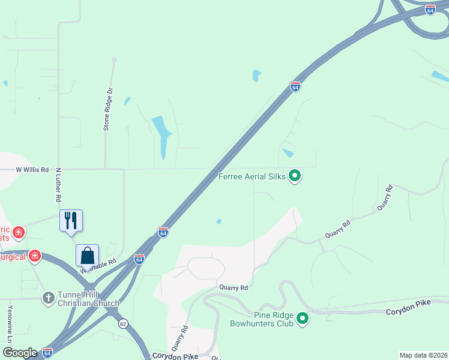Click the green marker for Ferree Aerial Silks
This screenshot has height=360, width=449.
pos(295,176)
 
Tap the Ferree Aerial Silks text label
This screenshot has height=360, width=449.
pos(252,176)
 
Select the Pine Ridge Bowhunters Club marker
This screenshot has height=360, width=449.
pos(303,318)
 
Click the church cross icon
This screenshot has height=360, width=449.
pos(49,298)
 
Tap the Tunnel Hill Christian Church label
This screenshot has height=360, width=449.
pos(88,299)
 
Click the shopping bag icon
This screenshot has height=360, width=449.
pos(88,255)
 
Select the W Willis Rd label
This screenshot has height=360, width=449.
pos(32,170)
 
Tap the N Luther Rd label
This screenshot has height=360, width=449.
pos(59,184)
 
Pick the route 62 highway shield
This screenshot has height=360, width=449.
pos(122,323)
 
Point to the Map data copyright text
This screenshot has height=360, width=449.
pos(423,355)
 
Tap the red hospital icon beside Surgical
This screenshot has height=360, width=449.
pos(35,256)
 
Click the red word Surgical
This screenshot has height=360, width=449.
pos(13,257)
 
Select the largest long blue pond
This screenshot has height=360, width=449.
pos(163,136)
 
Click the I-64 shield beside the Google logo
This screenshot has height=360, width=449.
pos(47,353)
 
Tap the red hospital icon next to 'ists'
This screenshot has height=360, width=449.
pos(19,232)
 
